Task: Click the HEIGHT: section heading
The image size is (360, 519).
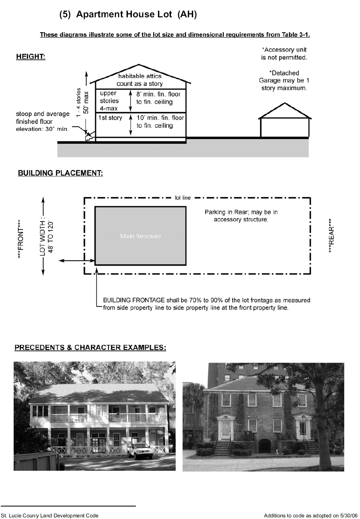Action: pyautogui.click(x=31, y=57)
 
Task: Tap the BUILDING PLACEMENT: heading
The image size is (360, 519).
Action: pyautogui.click(x=60, y=173)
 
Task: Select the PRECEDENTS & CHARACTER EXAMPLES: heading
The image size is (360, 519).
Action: pyautogui.click(x=90, y=347)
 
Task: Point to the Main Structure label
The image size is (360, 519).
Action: pyautogui.click(x=140, y=236)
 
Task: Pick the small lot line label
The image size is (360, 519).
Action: pyautogui.click(x=183, y=198)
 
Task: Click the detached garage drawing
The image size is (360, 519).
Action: pyautogui.click(x=285, y=122)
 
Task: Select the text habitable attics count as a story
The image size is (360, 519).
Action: pyautogui.click(x=140, y=80)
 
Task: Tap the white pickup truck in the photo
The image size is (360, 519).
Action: pyautogui.click(x=140, y=451)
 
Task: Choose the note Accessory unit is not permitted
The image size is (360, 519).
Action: pyautogui.click(x=284, y=53)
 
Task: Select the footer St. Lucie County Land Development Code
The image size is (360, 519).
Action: pyautogui.click(x=50, y=515)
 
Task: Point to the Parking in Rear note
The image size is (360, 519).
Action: pyautogui.click(x=241, y=216)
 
